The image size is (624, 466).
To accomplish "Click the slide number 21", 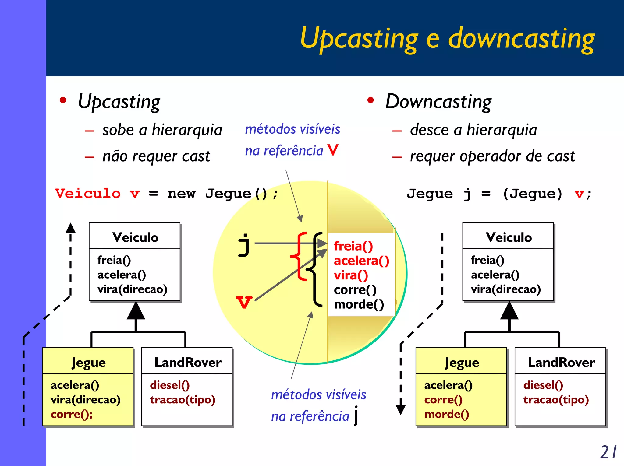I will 608,452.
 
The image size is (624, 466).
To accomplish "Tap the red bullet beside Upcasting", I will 63,100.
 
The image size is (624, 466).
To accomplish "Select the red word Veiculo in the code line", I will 88,194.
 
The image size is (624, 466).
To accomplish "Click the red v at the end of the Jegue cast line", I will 579,194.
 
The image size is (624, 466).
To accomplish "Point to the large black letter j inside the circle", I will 244,245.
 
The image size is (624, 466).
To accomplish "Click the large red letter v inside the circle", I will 244,302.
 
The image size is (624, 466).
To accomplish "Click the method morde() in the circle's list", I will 359,304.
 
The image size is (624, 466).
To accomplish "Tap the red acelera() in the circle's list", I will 361,261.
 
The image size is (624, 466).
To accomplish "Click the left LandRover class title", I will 188,362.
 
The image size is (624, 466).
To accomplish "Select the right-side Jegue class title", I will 462,362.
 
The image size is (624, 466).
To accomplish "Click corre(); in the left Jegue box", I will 72,414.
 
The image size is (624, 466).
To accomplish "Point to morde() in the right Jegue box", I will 446,414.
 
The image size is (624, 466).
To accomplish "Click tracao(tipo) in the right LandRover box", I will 556,400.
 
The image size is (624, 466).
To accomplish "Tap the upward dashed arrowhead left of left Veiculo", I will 70,228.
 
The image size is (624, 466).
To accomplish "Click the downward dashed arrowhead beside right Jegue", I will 400,410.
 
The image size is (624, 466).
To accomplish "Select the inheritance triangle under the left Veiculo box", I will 136,311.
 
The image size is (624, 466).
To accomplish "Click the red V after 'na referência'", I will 333,150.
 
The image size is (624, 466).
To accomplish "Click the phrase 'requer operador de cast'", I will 492,156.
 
